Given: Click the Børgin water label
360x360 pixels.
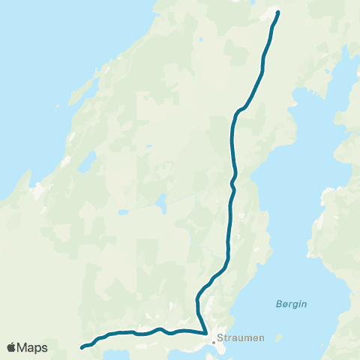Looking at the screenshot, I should click(291, 304).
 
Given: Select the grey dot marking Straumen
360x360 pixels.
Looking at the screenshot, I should click(214, 342).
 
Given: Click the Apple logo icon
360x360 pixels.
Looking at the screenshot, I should click(12, 347).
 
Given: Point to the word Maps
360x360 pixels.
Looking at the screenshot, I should click(33, 347).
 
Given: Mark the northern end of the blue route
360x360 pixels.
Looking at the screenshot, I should click(278, 12).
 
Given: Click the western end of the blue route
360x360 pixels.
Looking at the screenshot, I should click(82, 347).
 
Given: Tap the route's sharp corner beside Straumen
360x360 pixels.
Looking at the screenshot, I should click(206, 333).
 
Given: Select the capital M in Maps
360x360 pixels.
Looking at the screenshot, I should click(23, 347).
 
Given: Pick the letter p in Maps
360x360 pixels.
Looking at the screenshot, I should click(38, 349).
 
